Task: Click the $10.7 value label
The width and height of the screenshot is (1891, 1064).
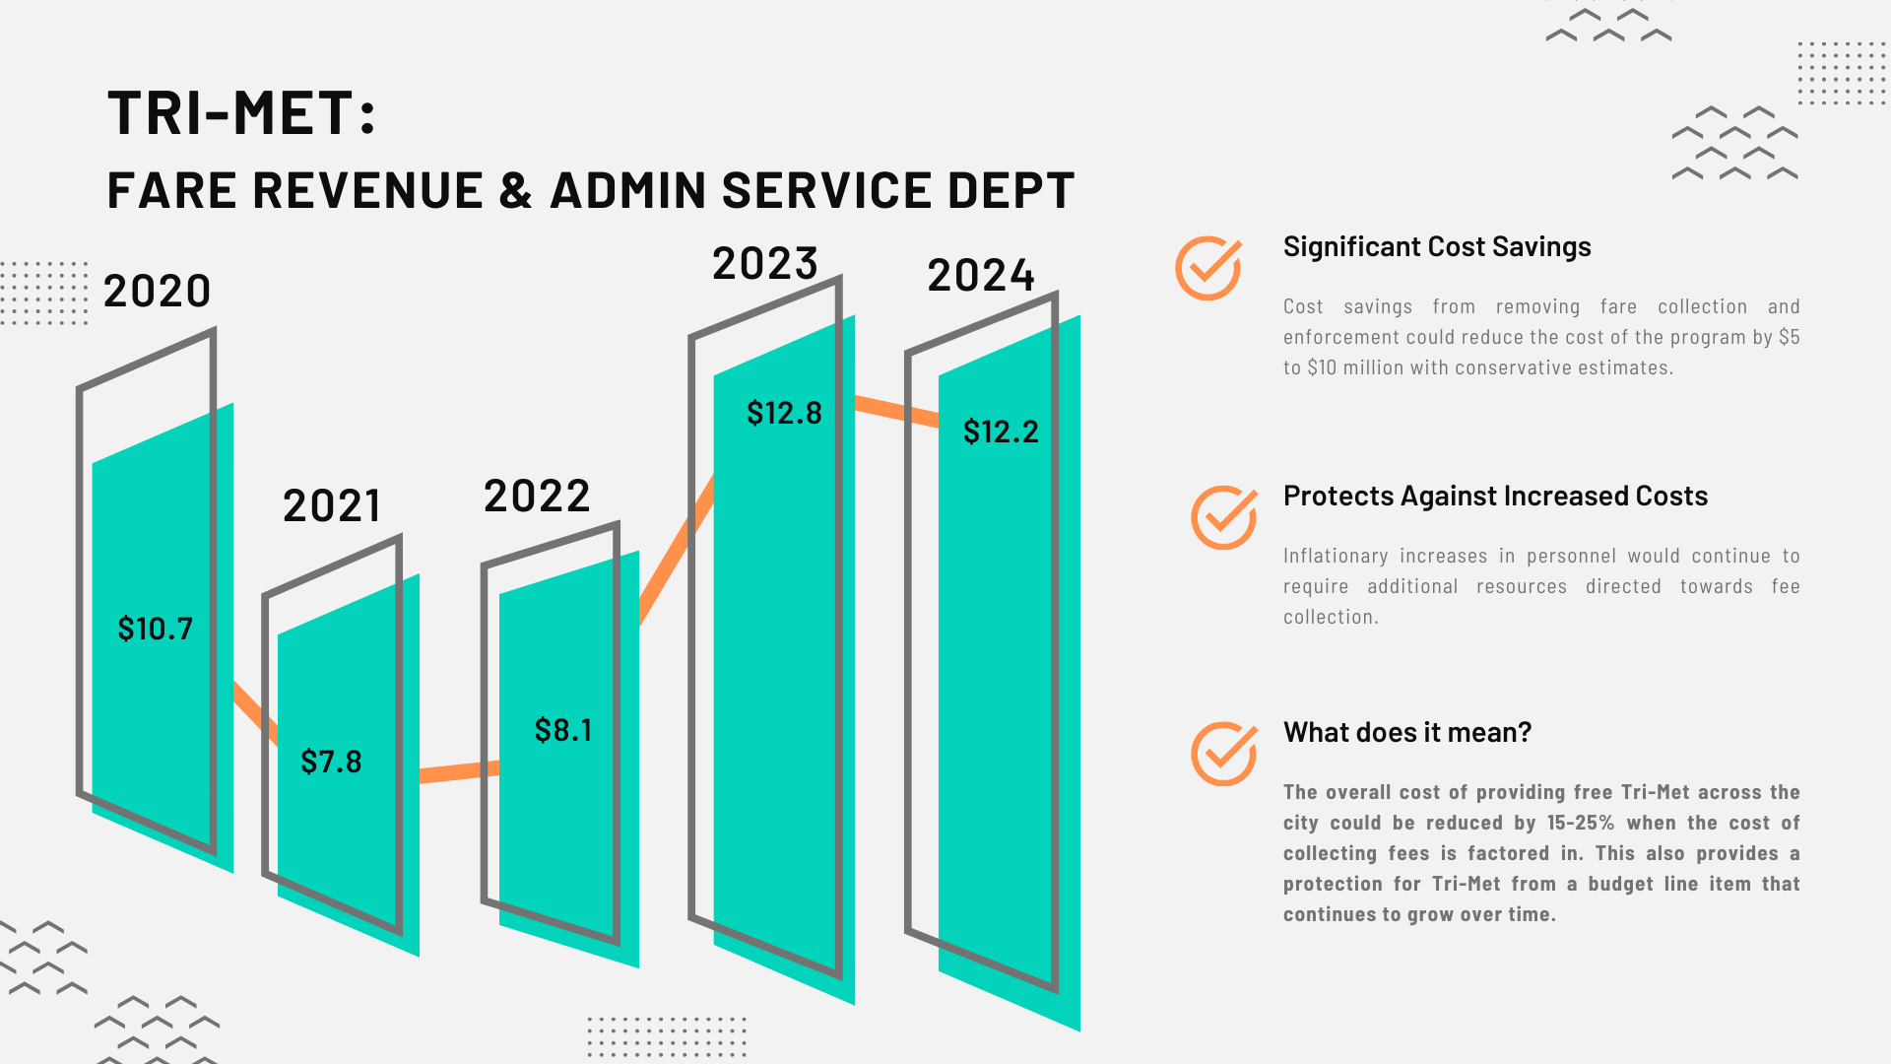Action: coord(155,629)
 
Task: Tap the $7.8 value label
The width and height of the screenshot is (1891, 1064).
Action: coord(331,762)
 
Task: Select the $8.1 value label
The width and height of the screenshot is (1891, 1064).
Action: coord(562,730)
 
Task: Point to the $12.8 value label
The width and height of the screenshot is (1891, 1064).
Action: coord(784,413)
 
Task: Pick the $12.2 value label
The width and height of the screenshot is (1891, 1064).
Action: coord(1001,432)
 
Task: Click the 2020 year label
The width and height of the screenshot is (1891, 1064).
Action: coord(158,291)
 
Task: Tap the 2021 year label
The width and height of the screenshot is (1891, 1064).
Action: coord(332,506)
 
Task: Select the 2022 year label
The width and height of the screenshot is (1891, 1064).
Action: coord(537,496)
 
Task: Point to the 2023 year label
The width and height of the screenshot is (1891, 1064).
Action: coord(765,264)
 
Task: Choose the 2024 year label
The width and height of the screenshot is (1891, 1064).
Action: coord(981,275)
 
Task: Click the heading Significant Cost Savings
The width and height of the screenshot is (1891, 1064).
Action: coord(1437,246)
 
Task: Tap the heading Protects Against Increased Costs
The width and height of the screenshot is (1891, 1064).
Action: coord(1495,496)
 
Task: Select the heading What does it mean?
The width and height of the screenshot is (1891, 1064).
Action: coord(1407,732)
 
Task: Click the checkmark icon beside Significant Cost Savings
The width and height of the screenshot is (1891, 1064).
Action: coord(1208,268)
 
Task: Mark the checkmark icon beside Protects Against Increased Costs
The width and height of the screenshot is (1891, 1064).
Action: coord(1223,517)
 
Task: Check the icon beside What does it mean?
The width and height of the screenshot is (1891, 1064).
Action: coord(1223,754)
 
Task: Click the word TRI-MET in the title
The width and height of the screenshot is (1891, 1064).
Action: coord(229,112)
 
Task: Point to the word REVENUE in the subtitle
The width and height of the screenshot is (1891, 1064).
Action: coord(367,190)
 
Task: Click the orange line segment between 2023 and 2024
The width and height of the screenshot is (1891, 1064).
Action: coord(896,411)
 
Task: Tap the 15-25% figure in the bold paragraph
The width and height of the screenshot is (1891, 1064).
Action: coord(1580,823)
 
